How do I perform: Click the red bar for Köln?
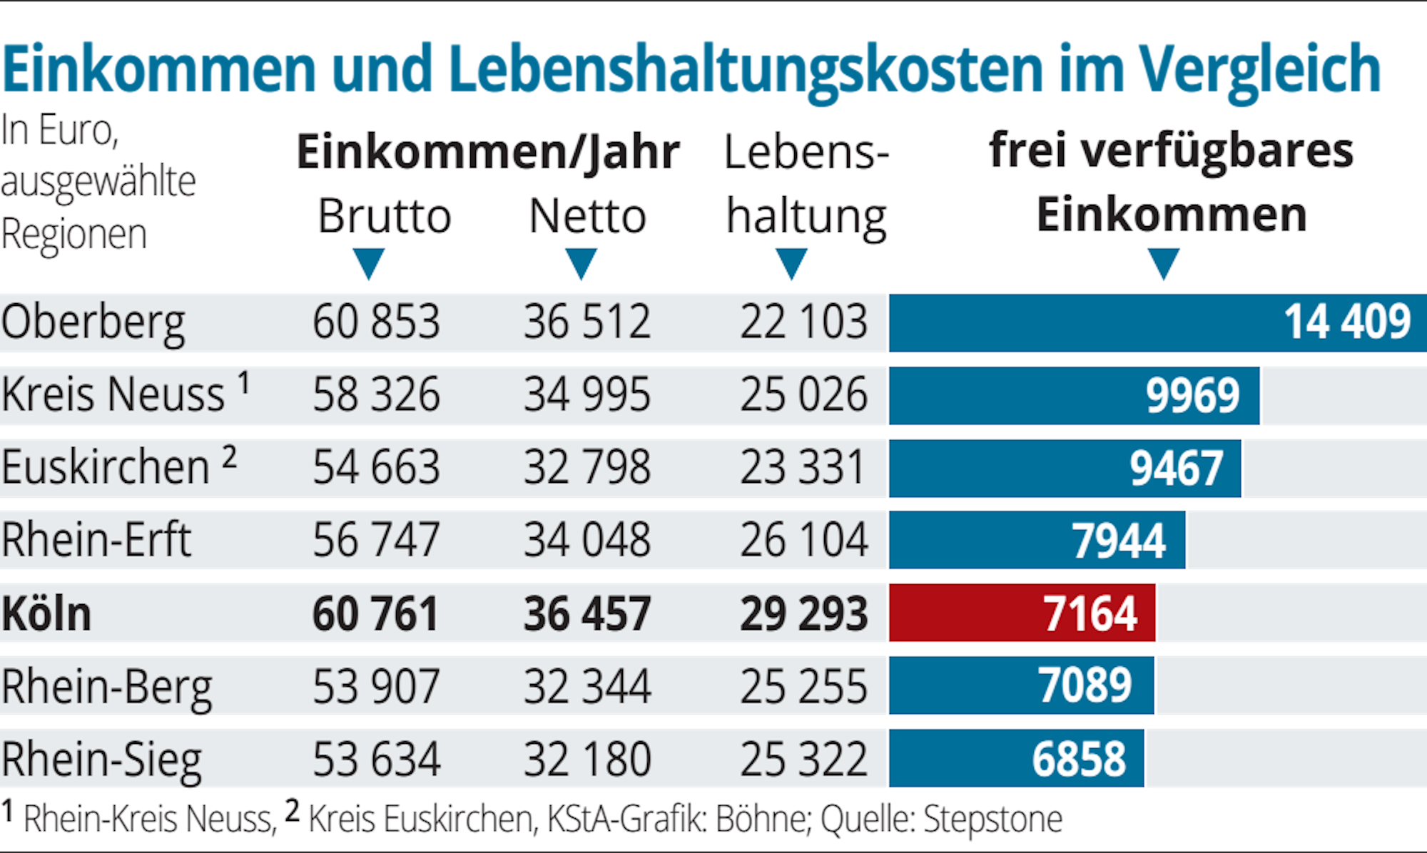coord(1022,613)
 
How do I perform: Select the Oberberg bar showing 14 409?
coord(1156,322)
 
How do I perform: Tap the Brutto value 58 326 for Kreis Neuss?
coord(376,395)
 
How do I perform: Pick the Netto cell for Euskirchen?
coord(587,468)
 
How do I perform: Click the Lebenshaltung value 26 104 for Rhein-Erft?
coord(803,540)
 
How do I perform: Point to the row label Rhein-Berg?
coord(107,687)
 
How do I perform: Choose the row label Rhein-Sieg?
coord(102,760)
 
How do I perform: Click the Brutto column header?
coord(385,216)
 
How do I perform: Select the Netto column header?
coord(588,216)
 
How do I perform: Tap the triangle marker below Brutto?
coord(368,264)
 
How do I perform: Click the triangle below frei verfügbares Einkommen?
coord(1163,264)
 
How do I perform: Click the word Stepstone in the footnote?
coord(992,819)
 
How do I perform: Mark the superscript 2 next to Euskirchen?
coord(229,456)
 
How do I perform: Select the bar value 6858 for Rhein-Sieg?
coord(1079,759)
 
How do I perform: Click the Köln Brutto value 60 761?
coord(375,614)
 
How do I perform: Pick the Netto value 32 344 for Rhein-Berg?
coord(587,687)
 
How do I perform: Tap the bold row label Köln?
coord(46,614)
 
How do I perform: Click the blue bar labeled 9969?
coord(1074,395)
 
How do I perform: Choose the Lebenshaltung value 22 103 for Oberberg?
coord(803,322)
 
